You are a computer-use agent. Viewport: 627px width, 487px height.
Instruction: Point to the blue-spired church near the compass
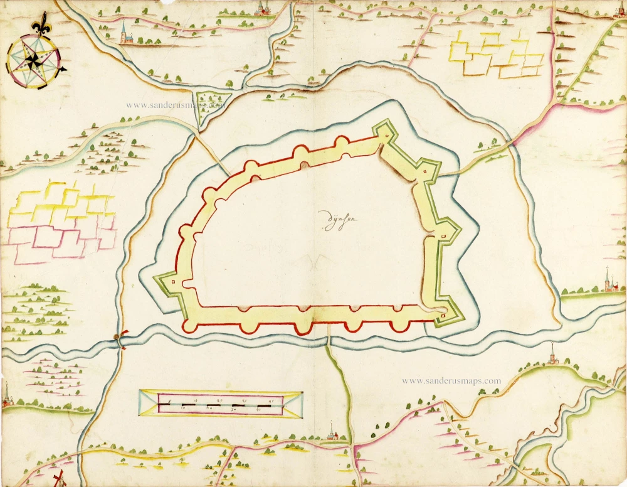coord(124,34)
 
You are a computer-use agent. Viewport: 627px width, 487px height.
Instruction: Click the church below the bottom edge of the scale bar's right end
coord(332,433)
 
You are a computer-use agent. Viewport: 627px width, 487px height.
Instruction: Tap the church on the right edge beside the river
coord(608,281)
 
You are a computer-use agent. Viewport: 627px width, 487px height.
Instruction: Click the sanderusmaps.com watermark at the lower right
coord(451,380)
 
